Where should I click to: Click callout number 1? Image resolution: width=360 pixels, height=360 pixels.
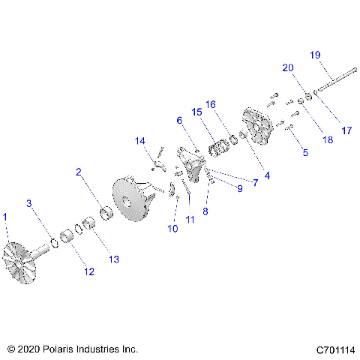pyautogui.click(x=6, y=217)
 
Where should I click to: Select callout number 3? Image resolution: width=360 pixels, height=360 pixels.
pyautogui.click(x=29, y=203)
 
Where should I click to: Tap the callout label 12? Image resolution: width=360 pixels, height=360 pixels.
pyautogui.click(x=89, y=271)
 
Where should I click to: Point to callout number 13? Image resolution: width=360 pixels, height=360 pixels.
pyautogui.click(x=114, y=259)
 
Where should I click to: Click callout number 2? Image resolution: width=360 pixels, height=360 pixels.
pyautogui.click(x=79, y=172)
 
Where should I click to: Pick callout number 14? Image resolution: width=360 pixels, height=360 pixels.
pyautogui.click(x=139, y=141)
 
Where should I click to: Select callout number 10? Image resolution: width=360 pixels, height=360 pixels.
pyautogui.click(x=173, y=229)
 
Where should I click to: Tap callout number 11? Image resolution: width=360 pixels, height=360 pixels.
pyautogui.click(x=190, y=219)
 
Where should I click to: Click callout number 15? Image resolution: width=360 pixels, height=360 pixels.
pyautogui.click(x=196, y=112)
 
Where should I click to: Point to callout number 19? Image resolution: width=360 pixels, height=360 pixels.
pyautogui.click(x=315, y=54)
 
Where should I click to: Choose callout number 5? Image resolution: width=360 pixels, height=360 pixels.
pyautogui.click(x=304, y=153)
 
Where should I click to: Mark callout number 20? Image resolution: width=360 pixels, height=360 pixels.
pyautogui.click(x=287, y=67)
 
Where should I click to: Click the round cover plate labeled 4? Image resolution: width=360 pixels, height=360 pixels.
pyautogui.click(x=258, y=125)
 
